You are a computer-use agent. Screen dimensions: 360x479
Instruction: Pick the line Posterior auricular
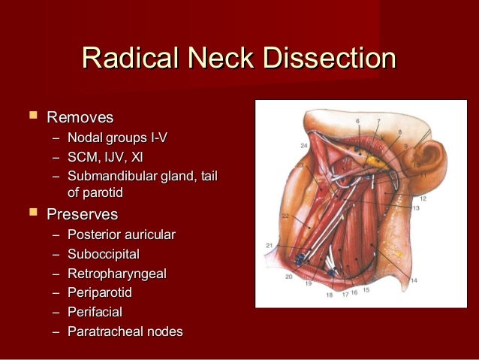click(121, 234)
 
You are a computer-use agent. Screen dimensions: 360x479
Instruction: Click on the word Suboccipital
click(103, 254)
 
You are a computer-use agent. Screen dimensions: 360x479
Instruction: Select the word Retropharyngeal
click(116, 274)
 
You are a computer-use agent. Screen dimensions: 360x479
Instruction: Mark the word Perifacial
click(95, 312)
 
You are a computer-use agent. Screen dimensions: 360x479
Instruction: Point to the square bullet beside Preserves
click(32, 213)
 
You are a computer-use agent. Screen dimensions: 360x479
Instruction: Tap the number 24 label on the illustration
click(303, 145)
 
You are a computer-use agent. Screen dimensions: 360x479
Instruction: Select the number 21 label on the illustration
click(270, 245)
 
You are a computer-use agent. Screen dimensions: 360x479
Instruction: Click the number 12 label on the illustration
click(423, 198)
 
